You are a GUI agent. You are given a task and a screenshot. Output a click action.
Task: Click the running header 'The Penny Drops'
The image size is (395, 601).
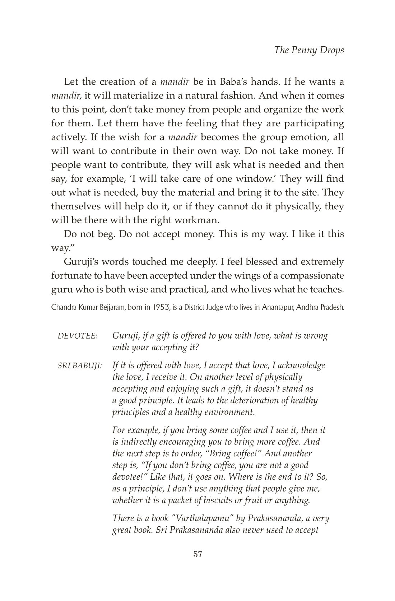[309, 50]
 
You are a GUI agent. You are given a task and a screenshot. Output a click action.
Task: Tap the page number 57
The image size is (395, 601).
[198, 554]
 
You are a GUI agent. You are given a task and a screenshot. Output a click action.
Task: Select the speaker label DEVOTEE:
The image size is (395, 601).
[77, 336]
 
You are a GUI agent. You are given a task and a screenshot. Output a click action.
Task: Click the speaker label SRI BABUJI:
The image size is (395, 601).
[80, 366]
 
